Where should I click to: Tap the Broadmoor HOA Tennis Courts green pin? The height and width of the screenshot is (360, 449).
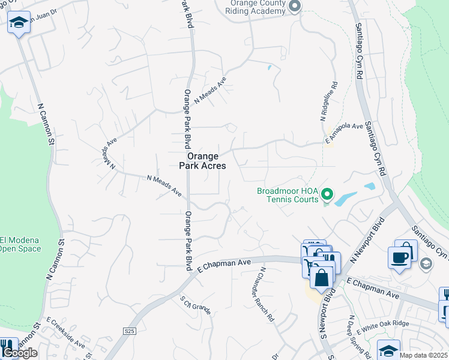tap(327, 194)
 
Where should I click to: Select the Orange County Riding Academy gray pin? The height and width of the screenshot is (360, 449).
tap(295, 7)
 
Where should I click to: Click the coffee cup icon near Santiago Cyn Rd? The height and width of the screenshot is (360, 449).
tap(400, 257)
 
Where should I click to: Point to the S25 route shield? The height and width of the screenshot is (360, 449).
tap(129, 331)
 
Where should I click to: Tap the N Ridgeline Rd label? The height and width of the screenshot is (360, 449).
tap(329, 102)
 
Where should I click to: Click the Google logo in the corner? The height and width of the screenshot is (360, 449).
tap(20, 353)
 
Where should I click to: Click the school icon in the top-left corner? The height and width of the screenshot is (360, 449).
tap(19, 22)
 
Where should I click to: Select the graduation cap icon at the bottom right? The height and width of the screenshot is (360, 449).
tap(388, 350)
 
